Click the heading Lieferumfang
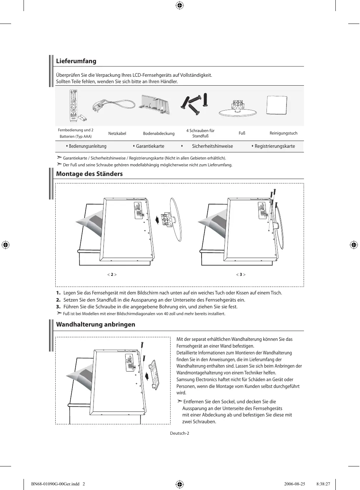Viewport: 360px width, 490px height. coord(76,61)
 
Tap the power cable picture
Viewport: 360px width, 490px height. coord(113,105)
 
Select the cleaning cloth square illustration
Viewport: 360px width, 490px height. coord(277,106)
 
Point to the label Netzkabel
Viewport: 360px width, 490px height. coord(117,133)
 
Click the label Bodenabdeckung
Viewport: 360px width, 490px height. coord(159,133)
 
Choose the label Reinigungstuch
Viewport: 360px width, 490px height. coord(283,133)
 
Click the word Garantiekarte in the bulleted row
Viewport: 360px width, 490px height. coord(150,146)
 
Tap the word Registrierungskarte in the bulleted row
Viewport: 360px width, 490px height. coord(275,146)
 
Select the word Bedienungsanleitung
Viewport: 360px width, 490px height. coord(87,146)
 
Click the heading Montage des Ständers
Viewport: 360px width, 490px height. coord(89,174)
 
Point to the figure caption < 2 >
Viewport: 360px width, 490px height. coord(112,274)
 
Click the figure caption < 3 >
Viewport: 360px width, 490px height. coord(241,274)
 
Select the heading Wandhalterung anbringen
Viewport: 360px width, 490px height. coord(96,324)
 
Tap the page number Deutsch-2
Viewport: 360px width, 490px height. coord(179,433)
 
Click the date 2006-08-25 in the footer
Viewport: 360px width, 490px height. coord(295,484)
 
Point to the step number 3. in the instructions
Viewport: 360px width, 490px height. coord(58,307)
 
